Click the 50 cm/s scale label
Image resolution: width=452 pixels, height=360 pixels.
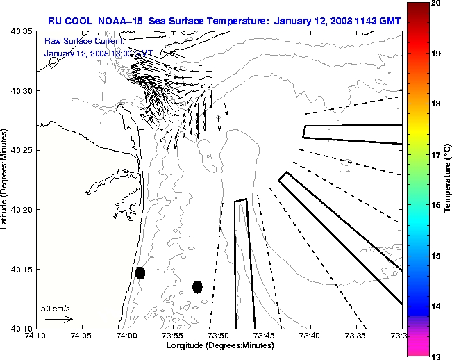pyautogui.click(x=56, y=308)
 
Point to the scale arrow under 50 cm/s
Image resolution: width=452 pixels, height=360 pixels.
pyautogui.click(x=59, y=319)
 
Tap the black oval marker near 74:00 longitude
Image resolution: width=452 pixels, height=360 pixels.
pyautogui.click(x=140, y=272)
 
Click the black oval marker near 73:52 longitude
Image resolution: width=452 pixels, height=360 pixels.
pyautogui.click(x=197, y=286)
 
